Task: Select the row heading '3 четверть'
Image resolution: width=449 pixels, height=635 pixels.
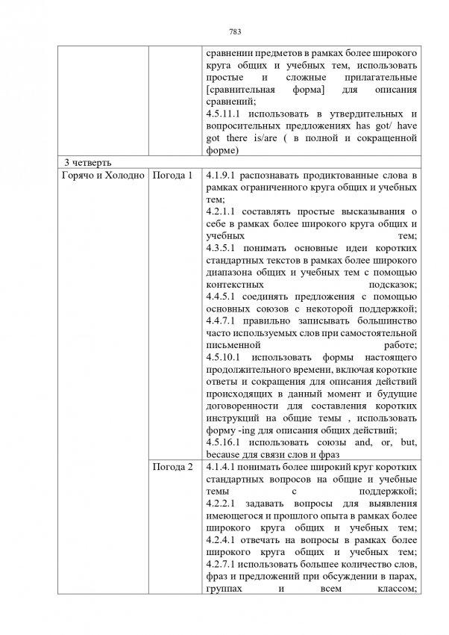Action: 87,162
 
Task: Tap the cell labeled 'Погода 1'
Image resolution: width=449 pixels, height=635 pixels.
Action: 172,175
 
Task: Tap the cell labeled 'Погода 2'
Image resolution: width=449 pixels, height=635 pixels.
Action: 172,468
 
